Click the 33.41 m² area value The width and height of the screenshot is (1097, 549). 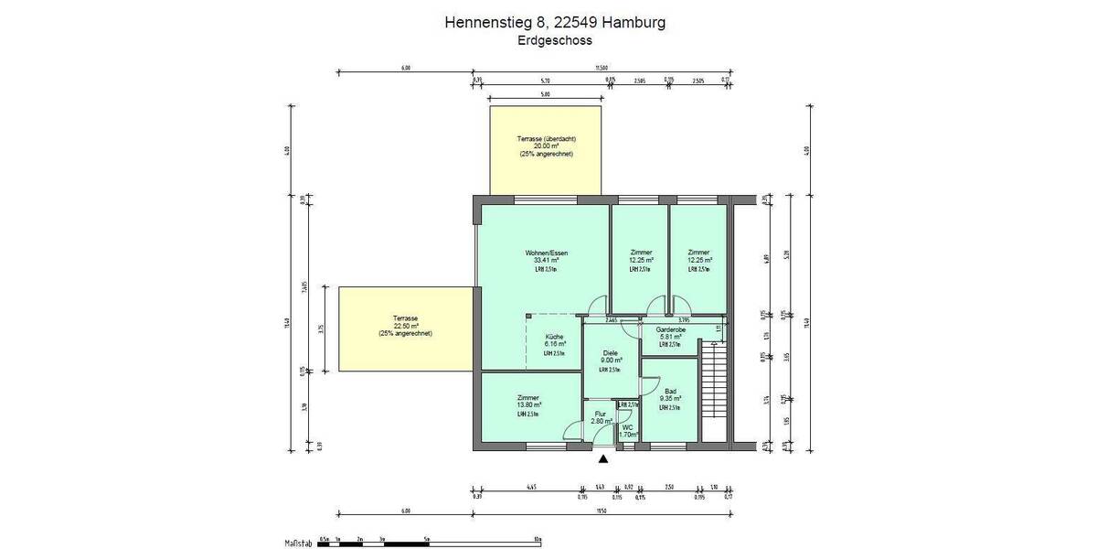(x=546, y=261)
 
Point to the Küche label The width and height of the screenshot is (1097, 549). (x=555, y=336)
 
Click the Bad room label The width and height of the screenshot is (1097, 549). (x=671, y=391)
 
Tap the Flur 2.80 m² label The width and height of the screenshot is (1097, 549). (x=601, y=416)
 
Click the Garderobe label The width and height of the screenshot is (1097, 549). (x=670, y=328)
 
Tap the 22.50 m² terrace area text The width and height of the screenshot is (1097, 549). (x=405, y=326)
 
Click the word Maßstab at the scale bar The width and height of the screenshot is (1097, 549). (x=299, y=543)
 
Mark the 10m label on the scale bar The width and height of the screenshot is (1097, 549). (x=538, y=537)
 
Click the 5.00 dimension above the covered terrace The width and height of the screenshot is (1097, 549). (x=545, y=94)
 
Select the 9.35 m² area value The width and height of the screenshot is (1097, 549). (x=670, y=399)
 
